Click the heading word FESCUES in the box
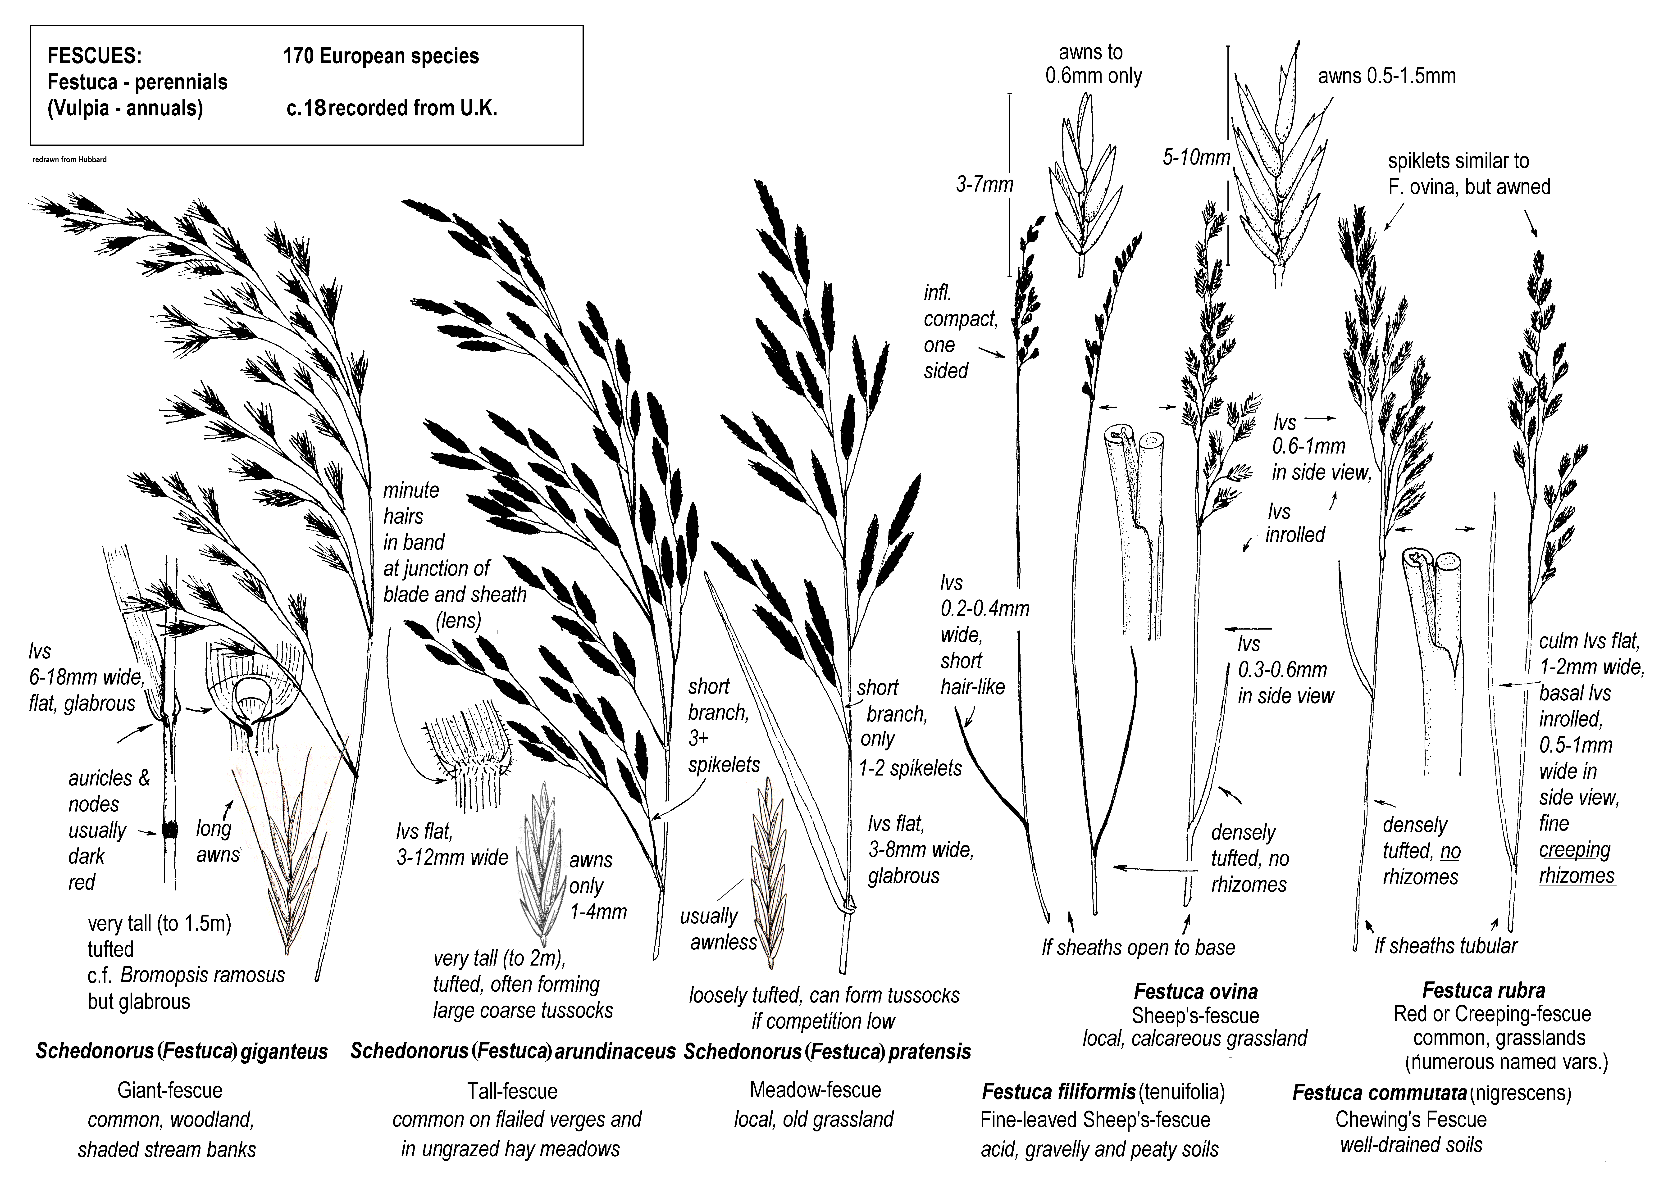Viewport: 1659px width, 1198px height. pyautogui.click(x=94, y=56)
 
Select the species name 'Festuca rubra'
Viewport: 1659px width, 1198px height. pyautogui.click(x=1483, y=990)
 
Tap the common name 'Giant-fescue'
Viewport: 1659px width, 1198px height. pyautogui.click(x=170, y=1090)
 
